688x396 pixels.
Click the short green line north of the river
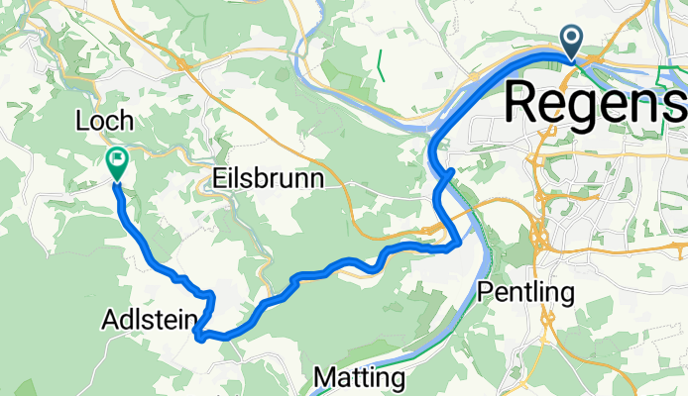[379, 64]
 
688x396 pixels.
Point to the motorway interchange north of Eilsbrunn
[186, 64]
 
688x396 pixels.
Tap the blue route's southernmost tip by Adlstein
[201, 338]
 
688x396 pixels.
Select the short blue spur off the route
[448, 175]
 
